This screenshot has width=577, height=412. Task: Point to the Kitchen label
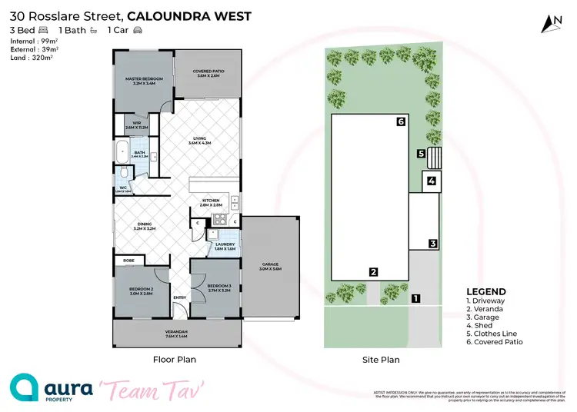tap(211, 202)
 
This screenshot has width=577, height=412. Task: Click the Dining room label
tap(145, 226)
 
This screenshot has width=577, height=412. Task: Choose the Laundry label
tap(225, 247)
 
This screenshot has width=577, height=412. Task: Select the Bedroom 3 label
tap(219, 288)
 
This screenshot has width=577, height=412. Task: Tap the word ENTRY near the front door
tap(179, 297)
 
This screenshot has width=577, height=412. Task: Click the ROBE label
tap(128, 261)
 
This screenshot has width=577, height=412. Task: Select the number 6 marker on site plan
tap(401, 121)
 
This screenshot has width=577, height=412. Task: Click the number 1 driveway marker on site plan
tap(415, 298)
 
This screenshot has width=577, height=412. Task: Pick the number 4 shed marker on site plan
tap(432, 181)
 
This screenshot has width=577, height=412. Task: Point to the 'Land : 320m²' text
tap(31, 56)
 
